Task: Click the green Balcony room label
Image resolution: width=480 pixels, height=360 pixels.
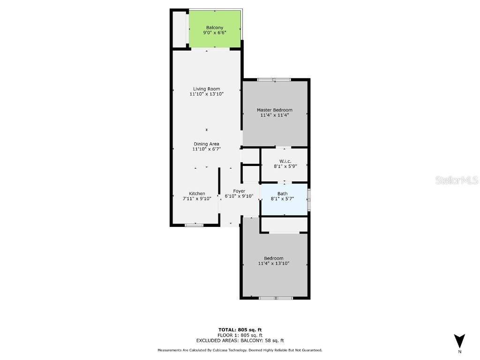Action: (x=215, y=28)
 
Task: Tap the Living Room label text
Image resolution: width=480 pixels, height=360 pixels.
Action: (x=207, y=89)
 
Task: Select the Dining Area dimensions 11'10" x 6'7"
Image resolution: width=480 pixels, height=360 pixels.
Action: (x=207, y=149)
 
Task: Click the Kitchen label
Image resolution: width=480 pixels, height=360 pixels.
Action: (x=197, y=194)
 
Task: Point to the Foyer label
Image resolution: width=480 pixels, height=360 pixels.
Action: (x=240, y=191)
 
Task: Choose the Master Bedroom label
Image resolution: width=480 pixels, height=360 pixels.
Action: (x=274, y=110)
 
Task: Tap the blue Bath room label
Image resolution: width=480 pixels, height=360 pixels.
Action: (x=283, y=194)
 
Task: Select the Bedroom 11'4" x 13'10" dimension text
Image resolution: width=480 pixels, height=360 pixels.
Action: (x=274, y=263)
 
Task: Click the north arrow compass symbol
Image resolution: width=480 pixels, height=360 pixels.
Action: (x=459, y=341)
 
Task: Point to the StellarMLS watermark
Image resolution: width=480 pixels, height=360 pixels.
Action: (x=457, y=180)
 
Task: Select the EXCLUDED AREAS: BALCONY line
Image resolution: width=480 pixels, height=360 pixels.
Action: (x=240, y=341)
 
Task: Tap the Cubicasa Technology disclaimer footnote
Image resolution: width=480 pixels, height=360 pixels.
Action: (x=240, y=350)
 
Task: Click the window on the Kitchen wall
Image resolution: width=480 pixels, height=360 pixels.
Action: (x=194, y=225)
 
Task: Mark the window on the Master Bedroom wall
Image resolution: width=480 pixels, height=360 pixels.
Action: (x=274, y=79)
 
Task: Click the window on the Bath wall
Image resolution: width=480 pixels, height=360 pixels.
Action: (x=309, y=199)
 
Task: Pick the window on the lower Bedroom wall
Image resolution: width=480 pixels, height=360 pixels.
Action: (x=276, y=298)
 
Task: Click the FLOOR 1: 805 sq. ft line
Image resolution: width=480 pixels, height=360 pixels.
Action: (x=240, y=335)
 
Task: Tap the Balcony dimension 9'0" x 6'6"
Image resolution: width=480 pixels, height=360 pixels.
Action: (x=215, y=33)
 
